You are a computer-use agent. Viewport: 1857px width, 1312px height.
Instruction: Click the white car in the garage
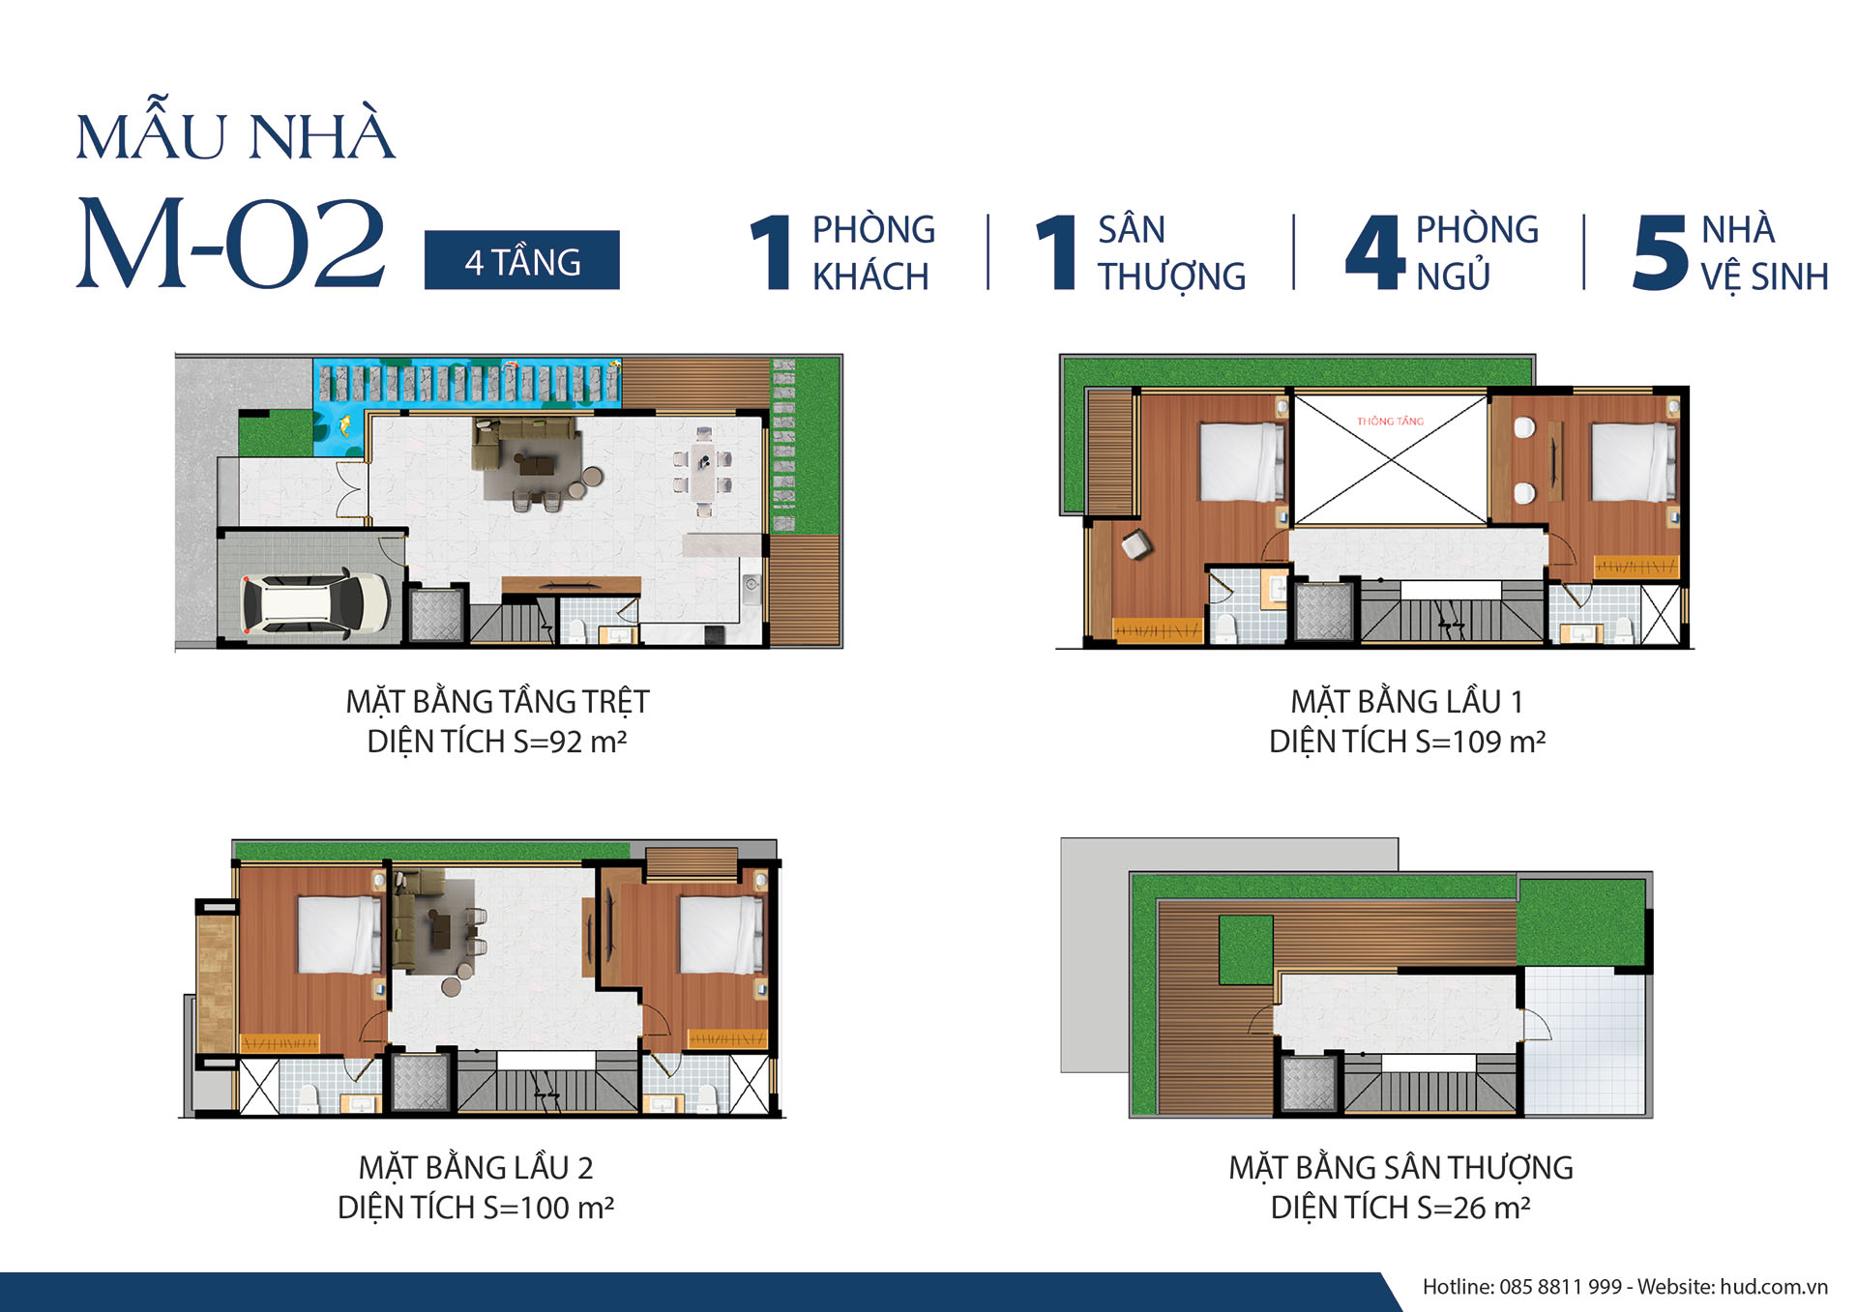coord(315,603)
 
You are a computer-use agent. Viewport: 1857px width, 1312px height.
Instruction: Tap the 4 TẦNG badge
coord(521,260)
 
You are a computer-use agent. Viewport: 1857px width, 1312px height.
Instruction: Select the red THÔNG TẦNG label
coord(1390,421)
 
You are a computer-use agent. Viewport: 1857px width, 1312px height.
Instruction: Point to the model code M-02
coord(231,243)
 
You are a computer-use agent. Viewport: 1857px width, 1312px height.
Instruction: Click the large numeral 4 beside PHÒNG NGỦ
coord(1374,251)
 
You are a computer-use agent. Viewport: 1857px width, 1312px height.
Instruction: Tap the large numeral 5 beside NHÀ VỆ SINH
coord(1660,251)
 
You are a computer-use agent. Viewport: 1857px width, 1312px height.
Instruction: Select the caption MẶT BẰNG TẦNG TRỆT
coord(497,701)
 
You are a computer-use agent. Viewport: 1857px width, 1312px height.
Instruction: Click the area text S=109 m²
coord(1480,742)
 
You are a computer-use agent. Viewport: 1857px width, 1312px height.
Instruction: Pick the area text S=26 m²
coord(1473,1208)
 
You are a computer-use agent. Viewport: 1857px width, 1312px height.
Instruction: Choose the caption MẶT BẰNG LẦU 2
coord(476,1167)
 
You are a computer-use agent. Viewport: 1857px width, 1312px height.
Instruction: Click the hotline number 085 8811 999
coord(1560,1287)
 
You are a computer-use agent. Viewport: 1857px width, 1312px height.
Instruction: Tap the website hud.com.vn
coord(1774,1287)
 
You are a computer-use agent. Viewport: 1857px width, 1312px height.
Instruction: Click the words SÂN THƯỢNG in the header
coord(1171,253)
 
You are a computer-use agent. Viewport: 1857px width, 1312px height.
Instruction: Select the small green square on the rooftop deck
coord(1246,949)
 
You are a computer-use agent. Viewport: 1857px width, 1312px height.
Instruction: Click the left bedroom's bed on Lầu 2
coord(339,934)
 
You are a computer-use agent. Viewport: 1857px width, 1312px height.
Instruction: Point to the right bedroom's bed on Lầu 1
coord(1634,461)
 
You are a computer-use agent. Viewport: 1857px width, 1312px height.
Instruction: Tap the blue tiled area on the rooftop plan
coord(1584,1042)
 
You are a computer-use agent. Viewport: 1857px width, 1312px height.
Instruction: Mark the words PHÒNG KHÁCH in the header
coord(873,253)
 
